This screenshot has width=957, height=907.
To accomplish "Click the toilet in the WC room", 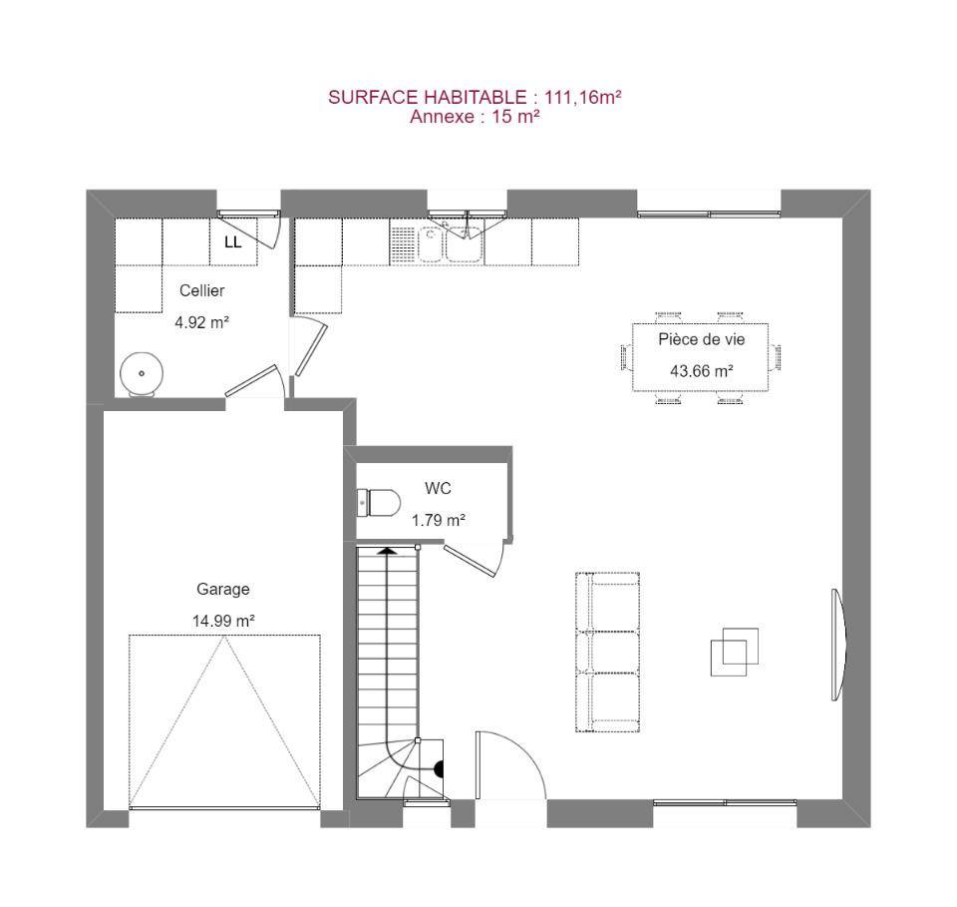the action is point(379,503).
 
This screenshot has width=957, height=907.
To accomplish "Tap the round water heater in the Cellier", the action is point(142,374).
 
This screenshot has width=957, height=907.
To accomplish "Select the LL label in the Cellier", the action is point(232,242).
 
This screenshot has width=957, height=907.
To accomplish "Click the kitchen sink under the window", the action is point(450,243).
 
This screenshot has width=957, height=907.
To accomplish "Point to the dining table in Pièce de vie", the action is point(700,357).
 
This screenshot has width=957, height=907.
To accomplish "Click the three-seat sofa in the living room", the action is point(607,652).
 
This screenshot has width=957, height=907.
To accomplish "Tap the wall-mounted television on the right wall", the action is point(838,645).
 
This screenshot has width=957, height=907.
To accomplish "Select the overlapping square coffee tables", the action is point(735,652).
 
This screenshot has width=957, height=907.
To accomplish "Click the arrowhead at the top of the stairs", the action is point(387,551).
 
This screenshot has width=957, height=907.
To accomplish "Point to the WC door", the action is point(473,559).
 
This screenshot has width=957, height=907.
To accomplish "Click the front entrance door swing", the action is point(510,764).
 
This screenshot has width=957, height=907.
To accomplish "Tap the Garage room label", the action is point(222,589).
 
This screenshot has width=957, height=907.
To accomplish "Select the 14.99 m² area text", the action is point(223,621).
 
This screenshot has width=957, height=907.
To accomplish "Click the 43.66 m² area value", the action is point(701,371).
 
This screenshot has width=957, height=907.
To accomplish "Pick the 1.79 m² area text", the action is point(439,520).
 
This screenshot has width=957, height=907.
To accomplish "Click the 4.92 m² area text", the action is point(201,322).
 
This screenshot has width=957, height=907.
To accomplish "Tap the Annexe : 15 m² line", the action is point(475,117).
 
